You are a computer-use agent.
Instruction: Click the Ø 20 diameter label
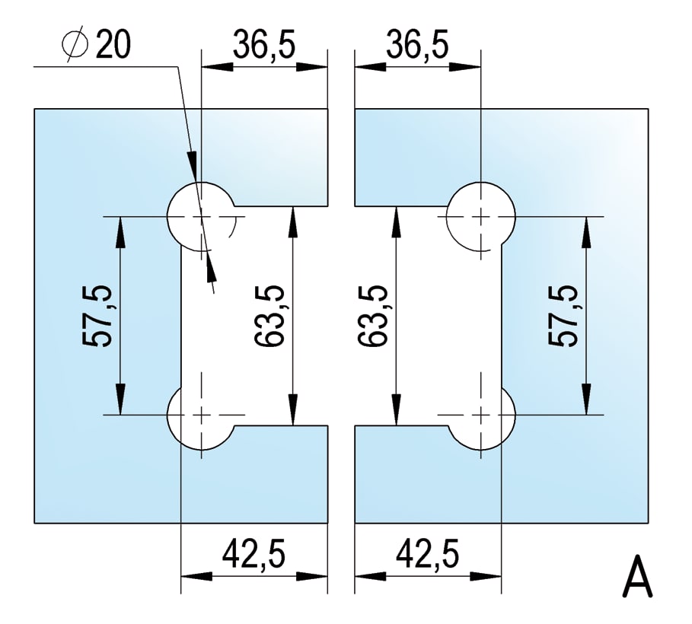tap(97, 46)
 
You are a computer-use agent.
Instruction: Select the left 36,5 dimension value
tap(263, 45)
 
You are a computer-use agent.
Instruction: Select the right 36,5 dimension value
tap(417, 45)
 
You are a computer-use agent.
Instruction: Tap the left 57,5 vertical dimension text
tap(97, 316)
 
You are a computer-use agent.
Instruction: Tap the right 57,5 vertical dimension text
tap(563, 316)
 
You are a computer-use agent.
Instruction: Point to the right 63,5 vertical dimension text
tap(372, 316)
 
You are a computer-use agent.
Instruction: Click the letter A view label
tap(638, 581)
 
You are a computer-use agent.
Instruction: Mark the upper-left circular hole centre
tap(201, 216)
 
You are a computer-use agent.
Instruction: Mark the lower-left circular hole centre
tap(201, 415)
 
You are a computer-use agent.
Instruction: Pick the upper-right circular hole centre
tap(481, 216)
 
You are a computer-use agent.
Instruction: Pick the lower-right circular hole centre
tap(481, 415)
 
